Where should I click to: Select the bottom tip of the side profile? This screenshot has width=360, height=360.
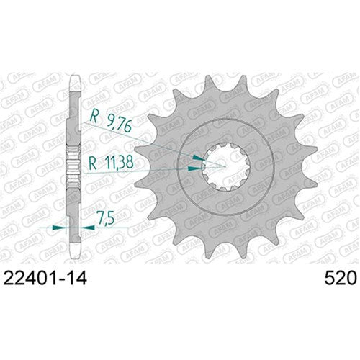point(74,258)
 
